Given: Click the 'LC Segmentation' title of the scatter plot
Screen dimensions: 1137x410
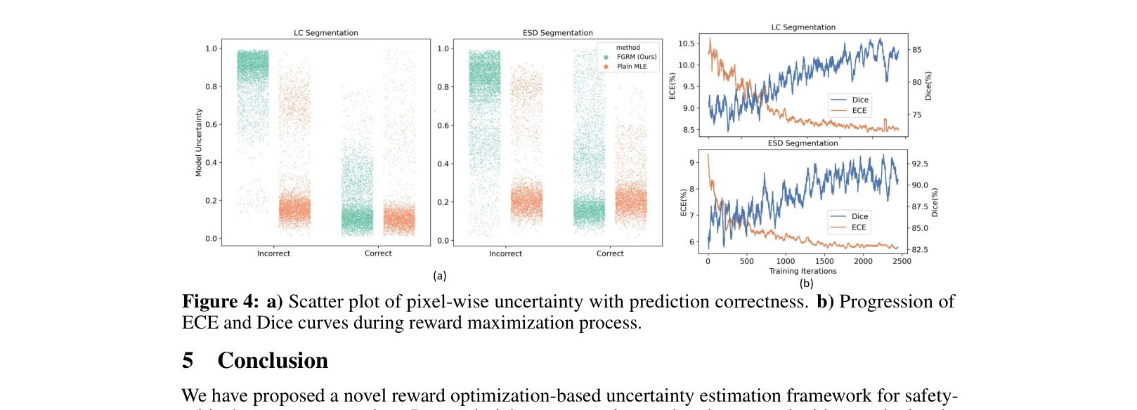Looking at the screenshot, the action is (x=325, y=33).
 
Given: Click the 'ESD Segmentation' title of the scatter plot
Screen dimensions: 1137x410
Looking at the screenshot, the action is (x=557, y=33).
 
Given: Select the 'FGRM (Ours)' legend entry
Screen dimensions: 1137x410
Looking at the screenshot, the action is (x=636, y=57).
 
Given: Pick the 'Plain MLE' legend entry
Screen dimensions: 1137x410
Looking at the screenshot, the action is (x=631, y=67).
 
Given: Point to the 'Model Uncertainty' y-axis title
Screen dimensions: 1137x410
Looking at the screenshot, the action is (x=199, y=143).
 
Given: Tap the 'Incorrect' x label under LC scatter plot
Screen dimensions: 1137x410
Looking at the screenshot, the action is (x=273, y=253).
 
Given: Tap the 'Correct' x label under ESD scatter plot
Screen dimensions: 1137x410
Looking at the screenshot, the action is (x=610, y=253).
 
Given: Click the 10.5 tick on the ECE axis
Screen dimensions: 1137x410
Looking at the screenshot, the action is (x=686, y=44).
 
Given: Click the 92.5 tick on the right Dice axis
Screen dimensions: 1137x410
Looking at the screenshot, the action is (x=920, y=164).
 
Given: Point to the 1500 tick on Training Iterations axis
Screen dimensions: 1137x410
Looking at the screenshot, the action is (x=824, y=261).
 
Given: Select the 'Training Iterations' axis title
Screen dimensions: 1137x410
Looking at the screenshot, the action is (x=803, y=271).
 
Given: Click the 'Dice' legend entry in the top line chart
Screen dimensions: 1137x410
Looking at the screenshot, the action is (x=860, y=100).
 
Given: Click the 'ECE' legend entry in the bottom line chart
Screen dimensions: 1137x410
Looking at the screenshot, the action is (x=859, y=227).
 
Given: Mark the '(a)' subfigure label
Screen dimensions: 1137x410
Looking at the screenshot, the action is (x=440, y=276).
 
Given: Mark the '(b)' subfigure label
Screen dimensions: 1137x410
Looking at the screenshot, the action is (x=806, y=284).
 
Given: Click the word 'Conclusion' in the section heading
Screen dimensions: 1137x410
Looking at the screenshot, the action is (x=273, y=360).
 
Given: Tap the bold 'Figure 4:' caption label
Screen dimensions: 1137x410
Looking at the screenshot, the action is (x=221, y=302).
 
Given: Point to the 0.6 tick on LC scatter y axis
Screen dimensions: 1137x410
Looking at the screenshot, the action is (x=211, y=124).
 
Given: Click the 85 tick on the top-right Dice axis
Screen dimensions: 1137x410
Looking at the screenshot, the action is (x=917, y=50).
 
